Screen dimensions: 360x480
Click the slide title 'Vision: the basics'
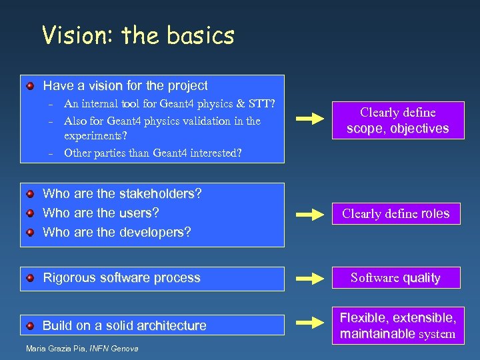pos(138,35)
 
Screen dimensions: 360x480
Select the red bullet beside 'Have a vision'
pos(31,86)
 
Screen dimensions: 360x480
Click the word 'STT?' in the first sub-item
pos(263,103)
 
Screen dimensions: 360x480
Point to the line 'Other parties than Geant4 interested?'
pos(153,153)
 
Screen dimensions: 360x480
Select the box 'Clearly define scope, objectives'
pos(397,121)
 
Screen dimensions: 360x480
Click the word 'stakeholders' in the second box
pos(157,194)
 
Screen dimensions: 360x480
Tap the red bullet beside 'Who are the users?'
pos(31,213)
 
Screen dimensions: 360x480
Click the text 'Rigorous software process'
pos(121,278)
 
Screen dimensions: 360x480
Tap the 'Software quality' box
pos(396,278)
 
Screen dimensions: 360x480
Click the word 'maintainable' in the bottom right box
pos(377,333)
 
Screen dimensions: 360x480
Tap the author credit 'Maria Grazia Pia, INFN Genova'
pos(82,349)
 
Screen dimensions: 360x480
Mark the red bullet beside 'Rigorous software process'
pos(31,279)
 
